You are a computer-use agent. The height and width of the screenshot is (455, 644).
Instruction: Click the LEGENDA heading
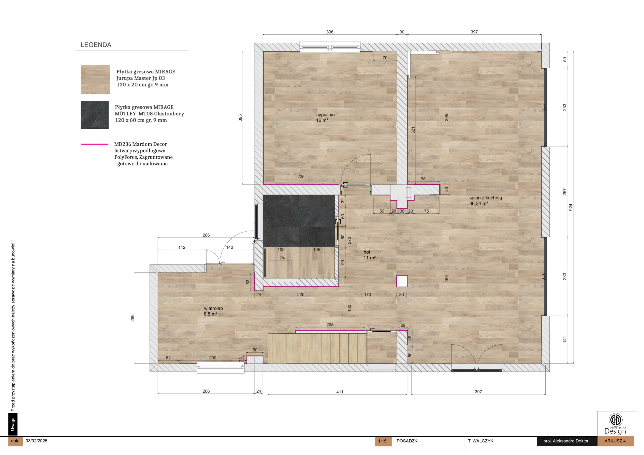tap(96, 45)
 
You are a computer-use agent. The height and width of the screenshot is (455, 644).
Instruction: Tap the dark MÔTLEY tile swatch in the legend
tap(95, 115)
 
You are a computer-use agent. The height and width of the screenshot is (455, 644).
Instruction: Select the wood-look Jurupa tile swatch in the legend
tap(95, 79)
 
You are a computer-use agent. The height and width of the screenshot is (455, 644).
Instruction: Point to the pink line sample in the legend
tap(95, 144)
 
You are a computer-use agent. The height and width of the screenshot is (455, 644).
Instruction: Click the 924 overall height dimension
tap(571, 207)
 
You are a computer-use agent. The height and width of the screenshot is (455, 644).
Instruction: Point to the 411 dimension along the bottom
tap(340, 392)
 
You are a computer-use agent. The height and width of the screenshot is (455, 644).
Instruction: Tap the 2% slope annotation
tap(282, 258)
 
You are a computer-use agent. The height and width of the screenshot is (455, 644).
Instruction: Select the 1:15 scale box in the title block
tap(383, 441)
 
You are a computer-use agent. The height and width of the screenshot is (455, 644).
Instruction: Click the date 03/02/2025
tap(36, 441)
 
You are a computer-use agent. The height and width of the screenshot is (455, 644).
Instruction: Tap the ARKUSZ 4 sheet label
tap(615, 441)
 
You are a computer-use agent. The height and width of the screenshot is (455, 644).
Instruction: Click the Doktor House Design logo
tap(615, 423)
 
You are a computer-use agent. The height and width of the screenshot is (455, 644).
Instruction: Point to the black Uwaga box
tap(13, 424)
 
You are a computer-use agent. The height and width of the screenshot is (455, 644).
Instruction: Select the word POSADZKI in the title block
tap(408, 441)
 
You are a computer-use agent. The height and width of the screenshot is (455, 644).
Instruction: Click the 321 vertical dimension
tap(413, 130)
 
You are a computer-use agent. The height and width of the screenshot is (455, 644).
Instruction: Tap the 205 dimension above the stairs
tap(330, 325)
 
